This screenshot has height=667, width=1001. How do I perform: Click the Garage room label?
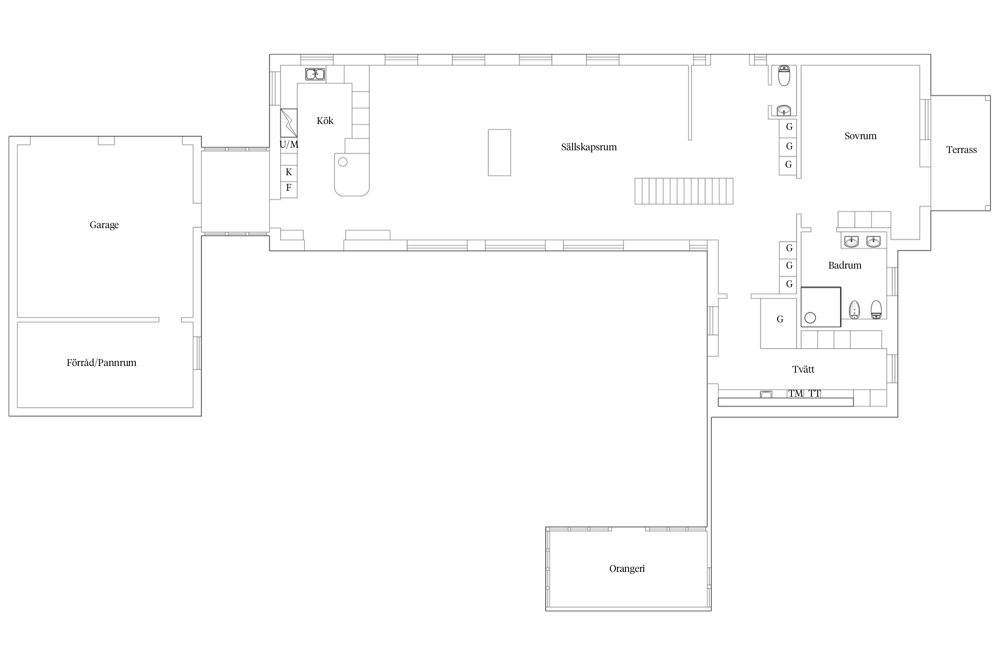pos(104,225)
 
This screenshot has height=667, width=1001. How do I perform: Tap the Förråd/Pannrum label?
pos(101,362)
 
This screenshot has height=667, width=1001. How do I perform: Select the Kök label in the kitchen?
pos(325,121)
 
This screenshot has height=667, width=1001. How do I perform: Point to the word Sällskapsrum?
pos(589,147)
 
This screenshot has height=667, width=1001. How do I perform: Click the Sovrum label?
pos(860,136)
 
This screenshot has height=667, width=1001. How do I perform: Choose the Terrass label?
pos(961,150)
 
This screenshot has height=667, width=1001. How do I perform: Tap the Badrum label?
pos(844,265)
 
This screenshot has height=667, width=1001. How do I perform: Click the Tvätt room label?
pos(803,369)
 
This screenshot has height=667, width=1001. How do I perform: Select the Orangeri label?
pos(627,569)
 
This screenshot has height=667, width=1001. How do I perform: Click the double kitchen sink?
pos(315,74)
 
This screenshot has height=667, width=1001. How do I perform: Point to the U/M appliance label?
pos(289,145)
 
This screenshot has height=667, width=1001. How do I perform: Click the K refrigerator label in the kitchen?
pos(289,172)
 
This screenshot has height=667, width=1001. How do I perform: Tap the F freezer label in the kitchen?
pos(289,188)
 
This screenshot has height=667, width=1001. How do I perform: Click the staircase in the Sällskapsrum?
pos(684,191)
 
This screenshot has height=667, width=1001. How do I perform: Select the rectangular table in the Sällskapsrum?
pos(499,153)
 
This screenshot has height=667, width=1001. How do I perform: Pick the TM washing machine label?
pos(795,394)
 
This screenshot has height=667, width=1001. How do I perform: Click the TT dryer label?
pos(815,394)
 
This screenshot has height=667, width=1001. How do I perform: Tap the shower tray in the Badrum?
pos(821,307)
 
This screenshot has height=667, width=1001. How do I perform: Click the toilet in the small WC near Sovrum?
pos(784,76)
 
